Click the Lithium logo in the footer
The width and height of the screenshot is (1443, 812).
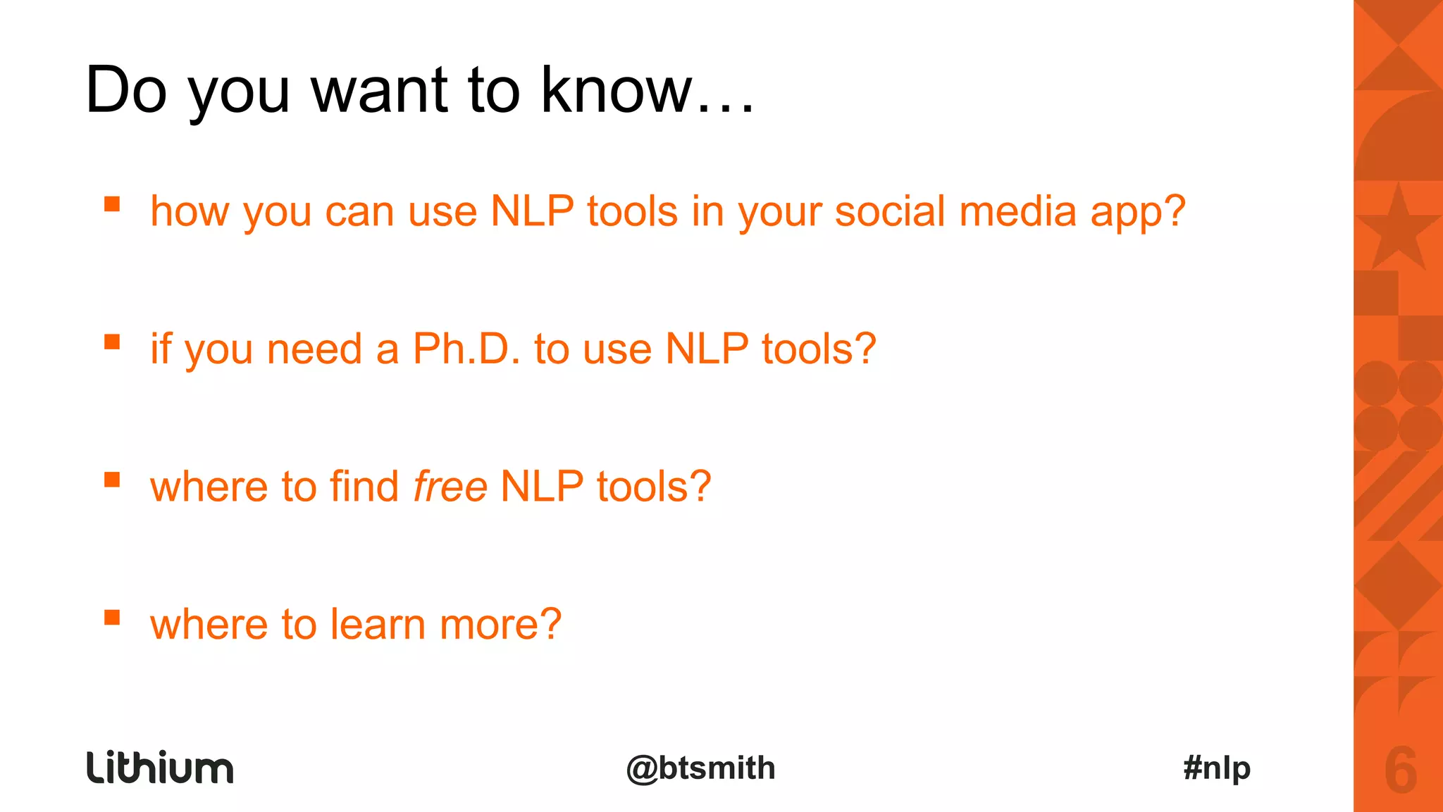tap(160, 768)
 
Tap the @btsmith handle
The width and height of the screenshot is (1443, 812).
tap(700, 768)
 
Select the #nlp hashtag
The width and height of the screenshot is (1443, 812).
tap(1217, 768)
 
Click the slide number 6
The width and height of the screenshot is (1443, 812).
tap(1400, 770)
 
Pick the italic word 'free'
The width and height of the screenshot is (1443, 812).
tap(450, 487)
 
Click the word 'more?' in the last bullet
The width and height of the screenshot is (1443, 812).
tap(500, 625)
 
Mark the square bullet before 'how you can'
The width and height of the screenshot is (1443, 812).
tap(112, 204)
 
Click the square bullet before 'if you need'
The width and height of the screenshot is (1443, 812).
tap(112, 342)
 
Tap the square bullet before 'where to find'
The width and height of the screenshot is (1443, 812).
tap(112, 480)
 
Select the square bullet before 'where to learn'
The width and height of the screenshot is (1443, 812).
tap(112, 618)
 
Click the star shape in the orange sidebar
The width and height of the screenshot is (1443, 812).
tap(1398, 229)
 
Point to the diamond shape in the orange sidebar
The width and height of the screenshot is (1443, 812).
tap(1398, 585)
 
